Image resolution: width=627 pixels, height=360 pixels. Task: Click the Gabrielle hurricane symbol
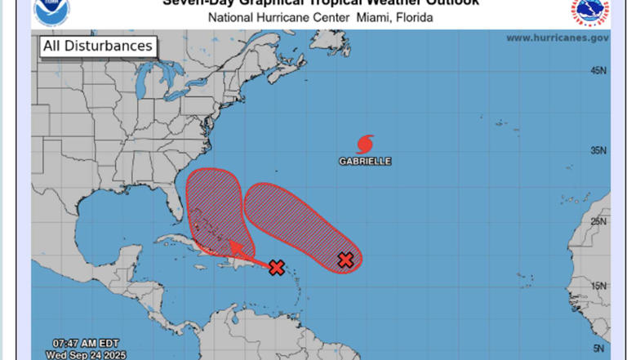(x=365, y=144)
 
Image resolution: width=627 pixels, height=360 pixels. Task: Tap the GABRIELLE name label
(x=365, y=162)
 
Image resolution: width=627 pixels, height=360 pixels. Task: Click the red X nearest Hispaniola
(x=277, y=267)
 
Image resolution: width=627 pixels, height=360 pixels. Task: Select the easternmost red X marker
(x=345, y=260)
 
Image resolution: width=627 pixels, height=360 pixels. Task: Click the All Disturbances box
(x=97, y=47)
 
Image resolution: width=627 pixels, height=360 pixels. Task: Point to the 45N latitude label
(x=598, y=71)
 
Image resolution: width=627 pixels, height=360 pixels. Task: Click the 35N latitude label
(x=598, y=150)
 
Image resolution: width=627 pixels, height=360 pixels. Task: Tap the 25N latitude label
(x=598, y=221)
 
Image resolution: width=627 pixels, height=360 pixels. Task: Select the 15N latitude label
(x=598, y=286)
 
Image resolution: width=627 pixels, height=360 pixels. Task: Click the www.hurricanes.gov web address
(x=557, y=38)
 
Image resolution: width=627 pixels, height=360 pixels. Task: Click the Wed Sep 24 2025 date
(x=81, y=354)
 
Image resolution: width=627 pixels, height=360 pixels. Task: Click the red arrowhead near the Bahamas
(x=234, y=247)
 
